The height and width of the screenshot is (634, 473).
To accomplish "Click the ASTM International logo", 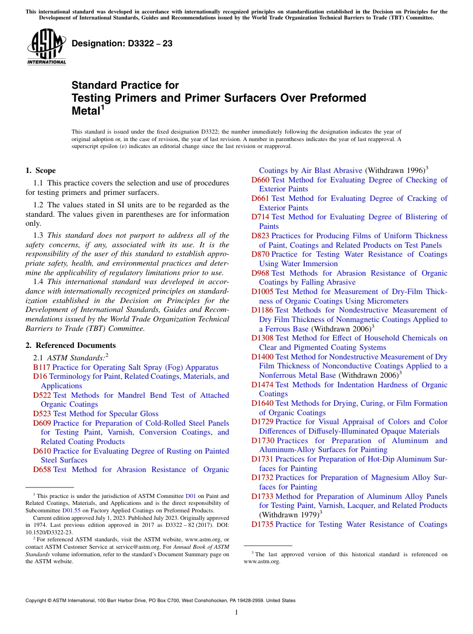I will (46, 47).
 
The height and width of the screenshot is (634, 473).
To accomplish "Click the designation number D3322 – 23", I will (122, 44).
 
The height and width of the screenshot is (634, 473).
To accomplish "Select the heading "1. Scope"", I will (41, 170).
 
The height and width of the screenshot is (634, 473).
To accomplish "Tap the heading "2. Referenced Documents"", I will (71, 345).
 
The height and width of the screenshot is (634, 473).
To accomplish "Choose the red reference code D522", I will (42, 395).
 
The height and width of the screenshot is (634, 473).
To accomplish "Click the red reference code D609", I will (42, 423).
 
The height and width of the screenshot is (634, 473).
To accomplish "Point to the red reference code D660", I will (260, 180).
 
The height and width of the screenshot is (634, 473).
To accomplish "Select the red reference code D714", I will (260, 217).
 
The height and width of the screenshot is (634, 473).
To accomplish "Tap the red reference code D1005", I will (262, 292).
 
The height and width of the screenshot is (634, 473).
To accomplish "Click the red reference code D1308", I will (262, 338).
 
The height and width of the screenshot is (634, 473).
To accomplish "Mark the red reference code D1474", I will (262, 385).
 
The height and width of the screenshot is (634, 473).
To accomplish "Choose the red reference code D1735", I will (262, 524).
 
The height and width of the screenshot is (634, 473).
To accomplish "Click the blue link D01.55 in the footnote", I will (69, 510).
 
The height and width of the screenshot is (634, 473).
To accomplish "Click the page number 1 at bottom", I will (236, 613).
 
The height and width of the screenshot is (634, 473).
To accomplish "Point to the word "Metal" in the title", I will (86, 111).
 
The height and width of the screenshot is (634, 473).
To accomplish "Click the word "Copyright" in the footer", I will (36, 601).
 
